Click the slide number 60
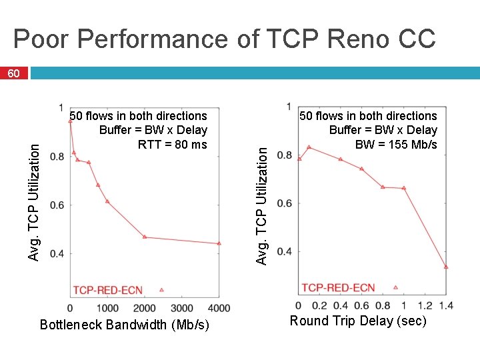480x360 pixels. click(x=13, y=73)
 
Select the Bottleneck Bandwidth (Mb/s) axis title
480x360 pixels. click(x=125, y=325)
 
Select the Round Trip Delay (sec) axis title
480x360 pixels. click(x=357, y=321)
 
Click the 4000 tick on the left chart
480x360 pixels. click(x=219, y=308)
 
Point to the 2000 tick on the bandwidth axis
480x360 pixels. click(x=145, y=308)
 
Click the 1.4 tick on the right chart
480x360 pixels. click(x=446, y=305)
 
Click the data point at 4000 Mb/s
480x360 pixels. click(x=219, y=243)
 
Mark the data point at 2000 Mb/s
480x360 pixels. click(x=145, y=237)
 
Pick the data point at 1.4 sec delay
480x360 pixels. click(x=446, y=267)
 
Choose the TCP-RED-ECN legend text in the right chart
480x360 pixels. click(x=338, y=287)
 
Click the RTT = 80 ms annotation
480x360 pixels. click(x=172, y=145)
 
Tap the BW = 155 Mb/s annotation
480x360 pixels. click(x=396, y=145)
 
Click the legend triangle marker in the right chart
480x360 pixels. click(x=395, y=287)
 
